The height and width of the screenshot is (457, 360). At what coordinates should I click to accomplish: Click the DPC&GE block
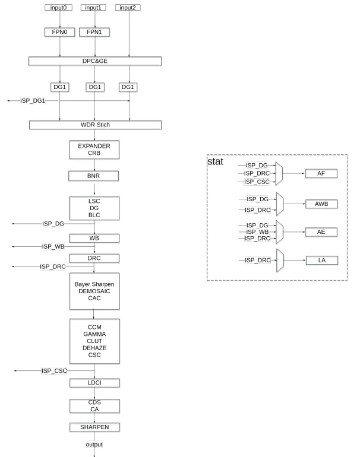94,61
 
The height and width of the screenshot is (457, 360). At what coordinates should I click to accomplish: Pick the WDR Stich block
94,125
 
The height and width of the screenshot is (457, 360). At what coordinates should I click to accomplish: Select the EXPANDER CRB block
94,149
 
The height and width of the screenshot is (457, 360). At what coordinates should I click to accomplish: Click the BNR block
94,176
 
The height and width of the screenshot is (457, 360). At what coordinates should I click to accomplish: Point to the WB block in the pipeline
94,238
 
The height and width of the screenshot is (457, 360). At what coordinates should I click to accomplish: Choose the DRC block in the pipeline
94,258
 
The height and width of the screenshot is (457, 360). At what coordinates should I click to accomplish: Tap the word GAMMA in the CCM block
94,334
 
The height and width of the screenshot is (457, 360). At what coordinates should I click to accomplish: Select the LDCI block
94,383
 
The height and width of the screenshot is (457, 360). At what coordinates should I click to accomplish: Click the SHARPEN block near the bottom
94,427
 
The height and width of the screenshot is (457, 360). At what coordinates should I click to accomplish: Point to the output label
94,443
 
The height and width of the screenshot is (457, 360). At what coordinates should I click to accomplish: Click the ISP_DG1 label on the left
33,101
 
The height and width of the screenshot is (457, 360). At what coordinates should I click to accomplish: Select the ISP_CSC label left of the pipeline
54,371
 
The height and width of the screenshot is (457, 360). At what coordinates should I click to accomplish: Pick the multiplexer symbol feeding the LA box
280,261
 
